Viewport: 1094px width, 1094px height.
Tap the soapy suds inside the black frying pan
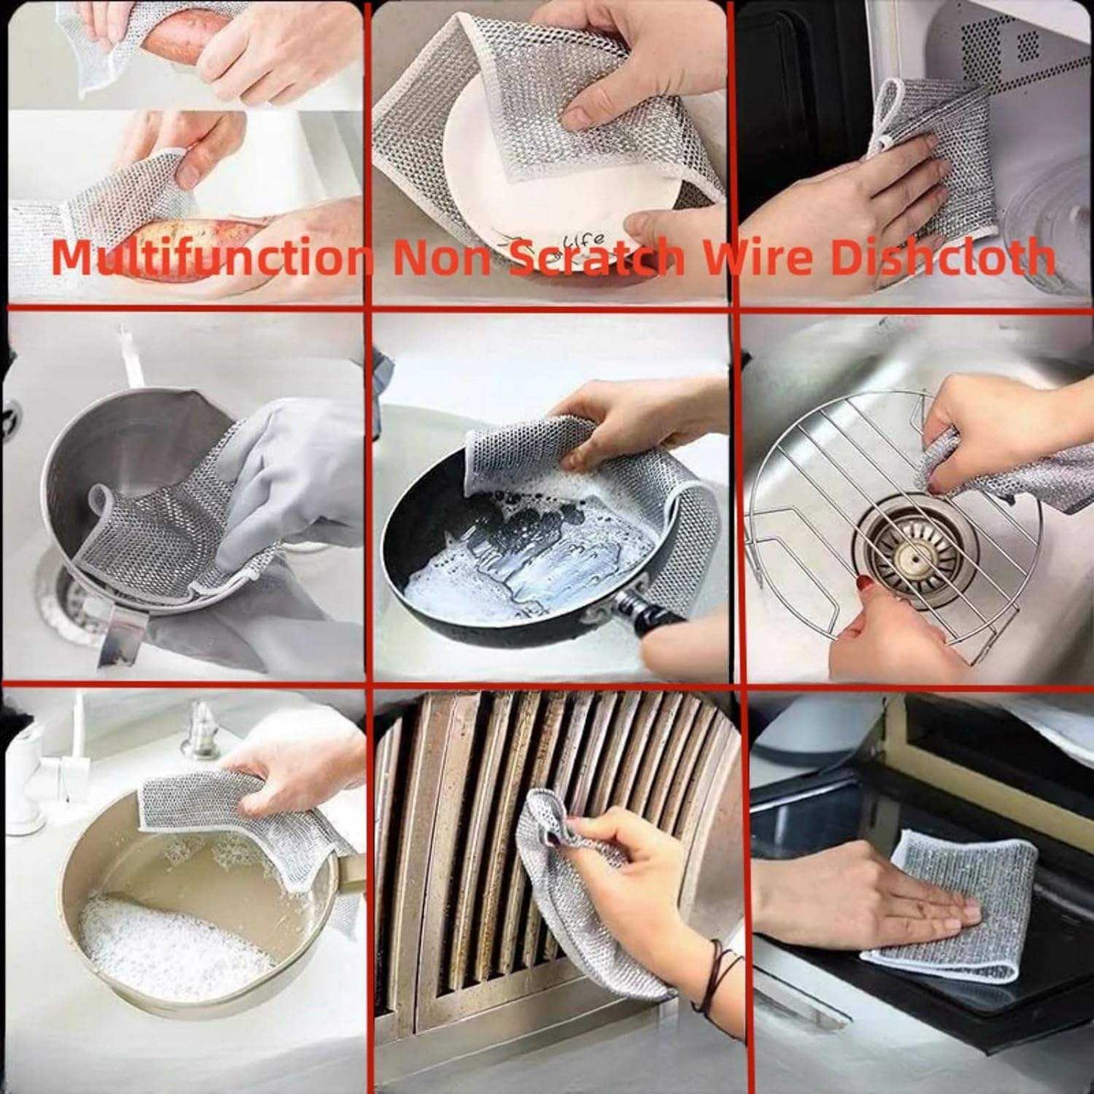tap(522, 560)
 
